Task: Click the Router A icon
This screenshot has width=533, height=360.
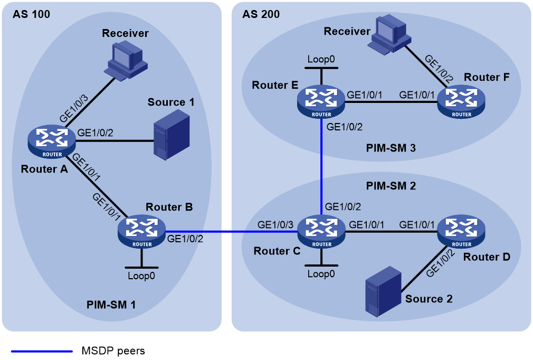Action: tap(52, 141)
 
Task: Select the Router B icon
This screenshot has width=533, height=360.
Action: tap(142, 232)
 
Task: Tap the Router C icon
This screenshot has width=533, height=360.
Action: tap(321, 232)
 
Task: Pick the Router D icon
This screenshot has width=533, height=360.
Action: tap(461, 232)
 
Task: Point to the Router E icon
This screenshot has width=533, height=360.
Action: tap(321, 102)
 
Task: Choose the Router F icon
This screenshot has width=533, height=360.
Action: tap(461, 102)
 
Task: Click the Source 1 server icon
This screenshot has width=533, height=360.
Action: tap(172, 135)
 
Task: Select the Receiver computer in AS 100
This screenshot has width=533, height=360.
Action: tap(126, 60)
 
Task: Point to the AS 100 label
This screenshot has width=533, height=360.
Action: tap(31, 14)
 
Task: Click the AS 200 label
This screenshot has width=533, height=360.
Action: tap(261, 14)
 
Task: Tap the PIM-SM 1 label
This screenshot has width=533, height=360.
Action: tap(111, 305)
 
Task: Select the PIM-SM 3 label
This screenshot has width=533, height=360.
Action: tap(391, 148)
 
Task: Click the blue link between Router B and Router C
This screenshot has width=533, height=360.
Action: tap(232, 232)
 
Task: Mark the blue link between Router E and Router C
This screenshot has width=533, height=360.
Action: tap(321, 167)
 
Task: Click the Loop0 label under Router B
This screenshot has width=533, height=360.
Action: tap(141, 276)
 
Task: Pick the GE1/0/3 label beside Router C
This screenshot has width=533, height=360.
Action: tap(275, 225)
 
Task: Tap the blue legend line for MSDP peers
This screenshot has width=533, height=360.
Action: tap(42, 351)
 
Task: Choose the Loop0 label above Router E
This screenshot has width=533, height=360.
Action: tap(321, 59)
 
